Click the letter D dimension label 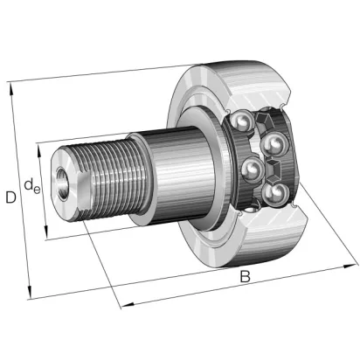tap(10, 197)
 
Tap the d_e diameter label tap(31, 186)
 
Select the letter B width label tap(246, 276)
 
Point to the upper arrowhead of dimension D tap(11, 88)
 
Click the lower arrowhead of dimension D tap(29, 292)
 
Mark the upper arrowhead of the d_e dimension tap(39, 149)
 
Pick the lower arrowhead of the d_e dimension tap(45, 231)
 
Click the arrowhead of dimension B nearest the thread tap(128, 305)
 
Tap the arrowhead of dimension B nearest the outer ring tap(350, 266)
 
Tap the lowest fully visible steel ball tap(274, 194)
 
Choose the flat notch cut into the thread tap(85, 190)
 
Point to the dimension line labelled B tap(239, 285)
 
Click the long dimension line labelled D tap(20, 190)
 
